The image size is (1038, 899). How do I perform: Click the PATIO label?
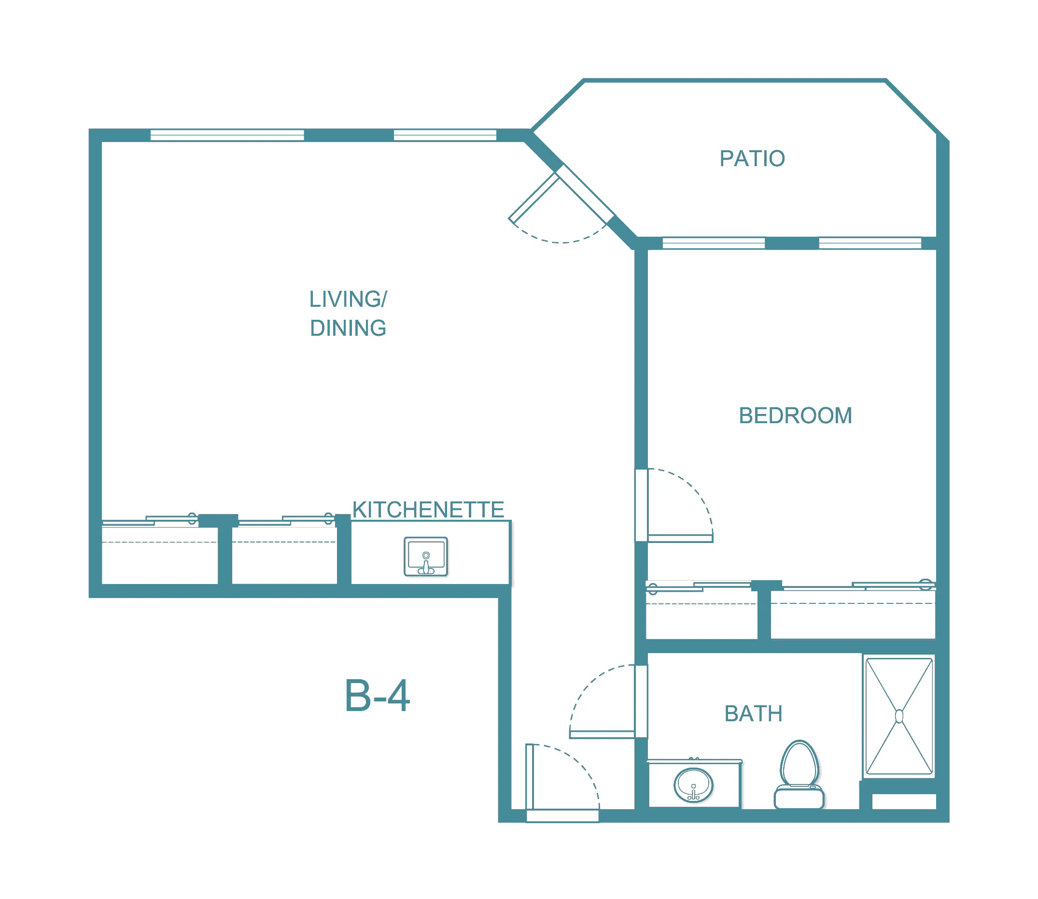tap(752, 158)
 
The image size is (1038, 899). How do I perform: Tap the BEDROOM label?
tap(795, 415)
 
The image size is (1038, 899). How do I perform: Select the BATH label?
tap(753, 713)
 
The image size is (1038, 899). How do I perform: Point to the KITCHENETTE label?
tap(428, 510)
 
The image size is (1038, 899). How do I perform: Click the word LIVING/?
tap(348, 299)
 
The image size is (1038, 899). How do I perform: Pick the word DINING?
tap(348, 328)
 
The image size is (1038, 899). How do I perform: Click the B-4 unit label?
tap(377, 696)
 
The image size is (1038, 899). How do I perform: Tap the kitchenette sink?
tap(426, 557)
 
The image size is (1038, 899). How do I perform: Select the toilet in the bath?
tap(800, 774)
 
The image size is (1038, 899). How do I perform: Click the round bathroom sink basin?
tap(693, 785)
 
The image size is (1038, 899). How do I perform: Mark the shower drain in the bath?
tap(899, 716)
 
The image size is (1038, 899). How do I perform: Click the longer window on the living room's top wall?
tap(227, 135)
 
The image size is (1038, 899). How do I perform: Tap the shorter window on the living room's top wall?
tap(445, 135)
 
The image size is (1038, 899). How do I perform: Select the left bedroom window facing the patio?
tap(714, 243)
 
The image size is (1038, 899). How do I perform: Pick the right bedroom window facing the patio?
tap(870, 243)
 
